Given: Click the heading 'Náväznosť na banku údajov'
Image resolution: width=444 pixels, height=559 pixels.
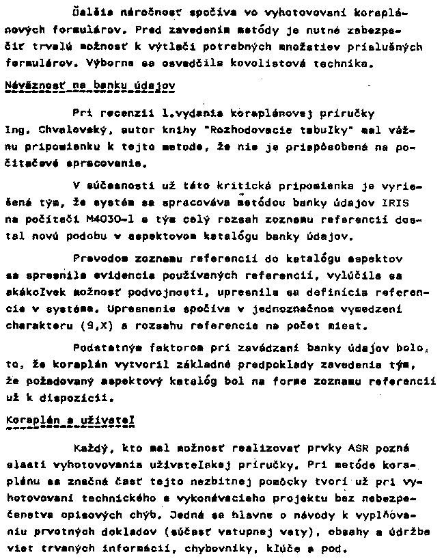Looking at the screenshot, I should [90, 87].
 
